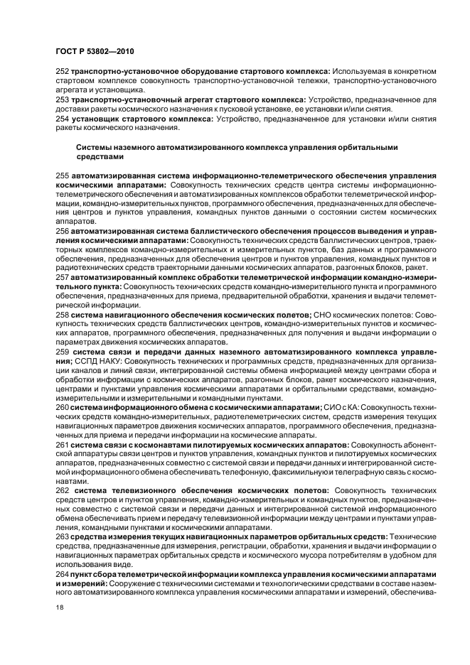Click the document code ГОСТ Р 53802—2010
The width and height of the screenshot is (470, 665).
(94, 52)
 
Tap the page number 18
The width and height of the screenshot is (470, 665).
(59, 607)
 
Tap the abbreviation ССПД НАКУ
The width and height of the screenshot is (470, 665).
(97, 360)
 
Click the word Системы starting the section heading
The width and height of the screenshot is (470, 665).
(93, 146)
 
